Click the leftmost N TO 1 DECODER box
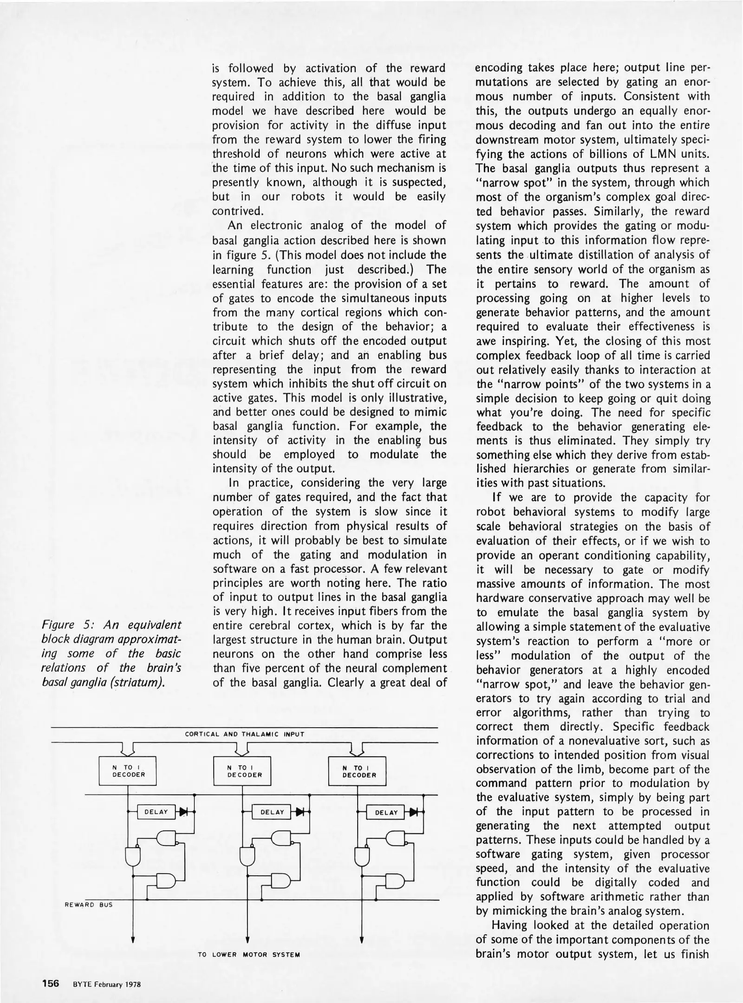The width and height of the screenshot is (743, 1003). click(x=128, y=771)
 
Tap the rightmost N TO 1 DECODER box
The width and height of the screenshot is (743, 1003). click(x=357, y=771)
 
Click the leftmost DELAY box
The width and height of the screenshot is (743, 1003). click(x=156, y=812)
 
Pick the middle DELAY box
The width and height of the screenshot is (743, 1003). click(x=272, y=812)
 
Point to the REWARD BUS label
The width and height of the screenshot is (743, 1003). click(x=88, y=905)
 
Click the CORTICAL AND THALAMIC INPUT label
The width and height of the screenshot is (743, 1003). click(x=244, y=734)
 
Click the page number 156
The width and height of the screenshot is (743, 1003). click(x=50, y=984)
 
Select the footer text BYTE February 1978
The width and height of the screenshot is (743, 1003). click(x=106, y=984)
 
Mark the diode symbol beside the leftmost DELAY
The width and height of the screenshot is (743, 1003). click(x=184, y=812)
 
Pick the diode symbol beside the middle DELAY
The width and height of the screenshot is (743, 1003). click(x=300, y=812)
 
